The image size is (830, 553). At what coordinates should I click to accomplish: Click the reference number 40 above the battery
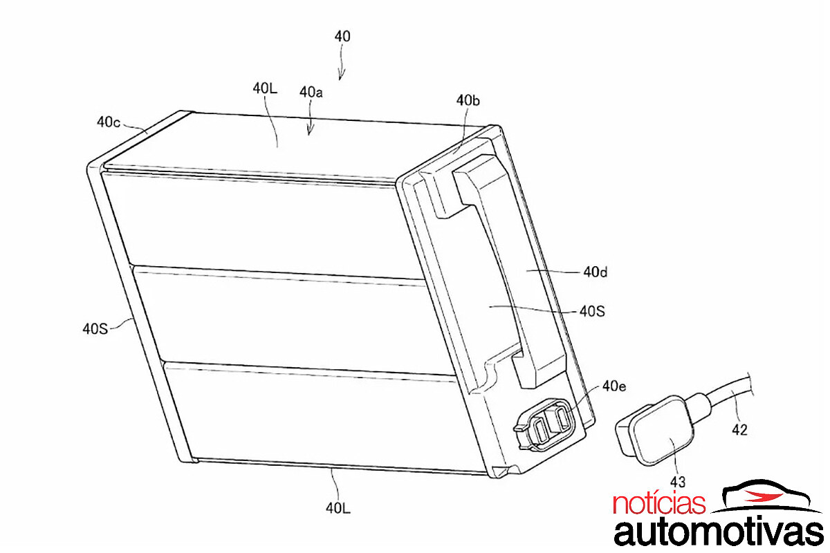coord(342,37)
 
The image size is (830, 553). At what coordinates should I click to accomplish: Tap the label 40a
coord(311,92)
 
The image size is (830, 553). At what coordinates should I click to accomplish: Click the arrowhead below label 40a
coord(310,130)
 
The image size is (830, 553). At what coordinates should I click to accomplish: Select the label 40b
coord(468,100)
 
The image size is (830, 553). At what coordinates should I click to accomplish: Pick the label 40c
coord(109,122)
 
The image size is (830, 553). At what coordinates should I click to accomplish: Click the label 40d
coord(596,272)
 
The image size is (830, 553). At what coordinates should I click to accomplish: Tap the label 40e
coord(614,386)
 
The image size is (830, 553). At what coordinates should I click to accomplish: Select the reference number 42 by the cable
coord(739,430)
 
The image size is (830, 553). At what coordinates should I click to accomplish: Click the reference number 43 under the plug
coord(678,482)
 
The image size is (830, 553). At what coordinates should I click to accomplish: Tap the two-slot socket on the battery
coord(544,424)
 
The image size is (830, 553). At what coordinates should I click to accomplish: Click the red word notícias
coord(659,503)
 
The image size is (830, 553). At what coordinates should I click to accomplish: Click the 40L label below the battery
coord(338,508)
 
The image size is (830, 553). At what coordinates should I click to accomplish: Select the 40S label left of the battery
coord(95,328)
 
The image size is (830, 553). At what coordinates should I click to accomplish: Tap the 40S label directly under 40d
coord(592,312)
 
